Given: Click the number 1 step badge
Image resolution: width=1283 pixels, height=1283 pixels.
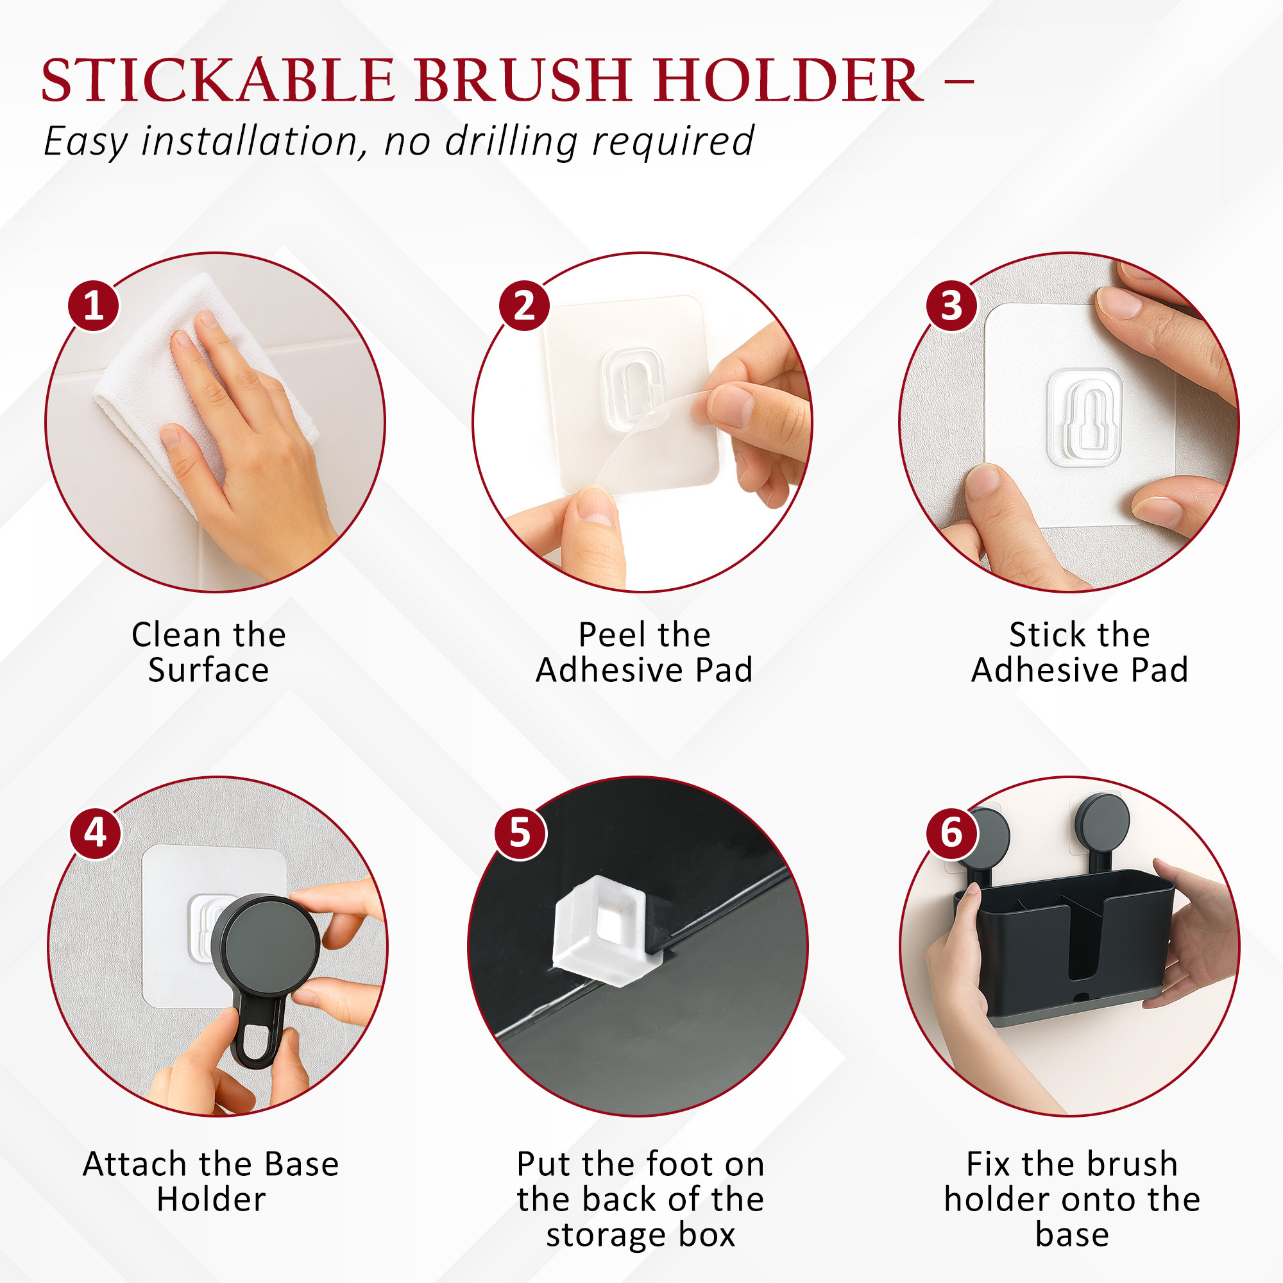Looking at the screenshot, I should tap(94, 305).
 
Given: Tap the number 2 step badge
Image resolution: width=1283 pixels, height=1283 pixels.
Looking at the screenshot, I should tap(524, 305).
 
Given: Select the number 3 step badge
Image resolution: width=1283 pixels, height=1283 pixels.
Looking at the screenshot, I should tap(951, 305).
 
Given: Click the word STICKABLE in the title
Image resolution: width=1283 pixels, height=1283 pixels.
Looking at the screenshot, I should tap(218, 80).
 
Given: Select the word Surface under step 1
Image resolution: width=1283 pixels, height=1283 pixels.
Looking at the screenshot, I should tap(208, 670).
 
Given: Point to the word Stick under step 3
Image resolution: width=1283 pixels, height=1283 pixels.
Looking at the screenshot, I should tap(1041, 635).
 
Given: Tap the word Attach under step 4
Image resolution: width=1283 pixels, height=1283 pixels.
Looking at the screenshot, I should tap(135, 1164).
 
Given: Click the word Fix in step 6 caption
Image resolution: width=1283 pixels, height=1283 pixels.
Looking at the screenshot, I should tap(988, 1164).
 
